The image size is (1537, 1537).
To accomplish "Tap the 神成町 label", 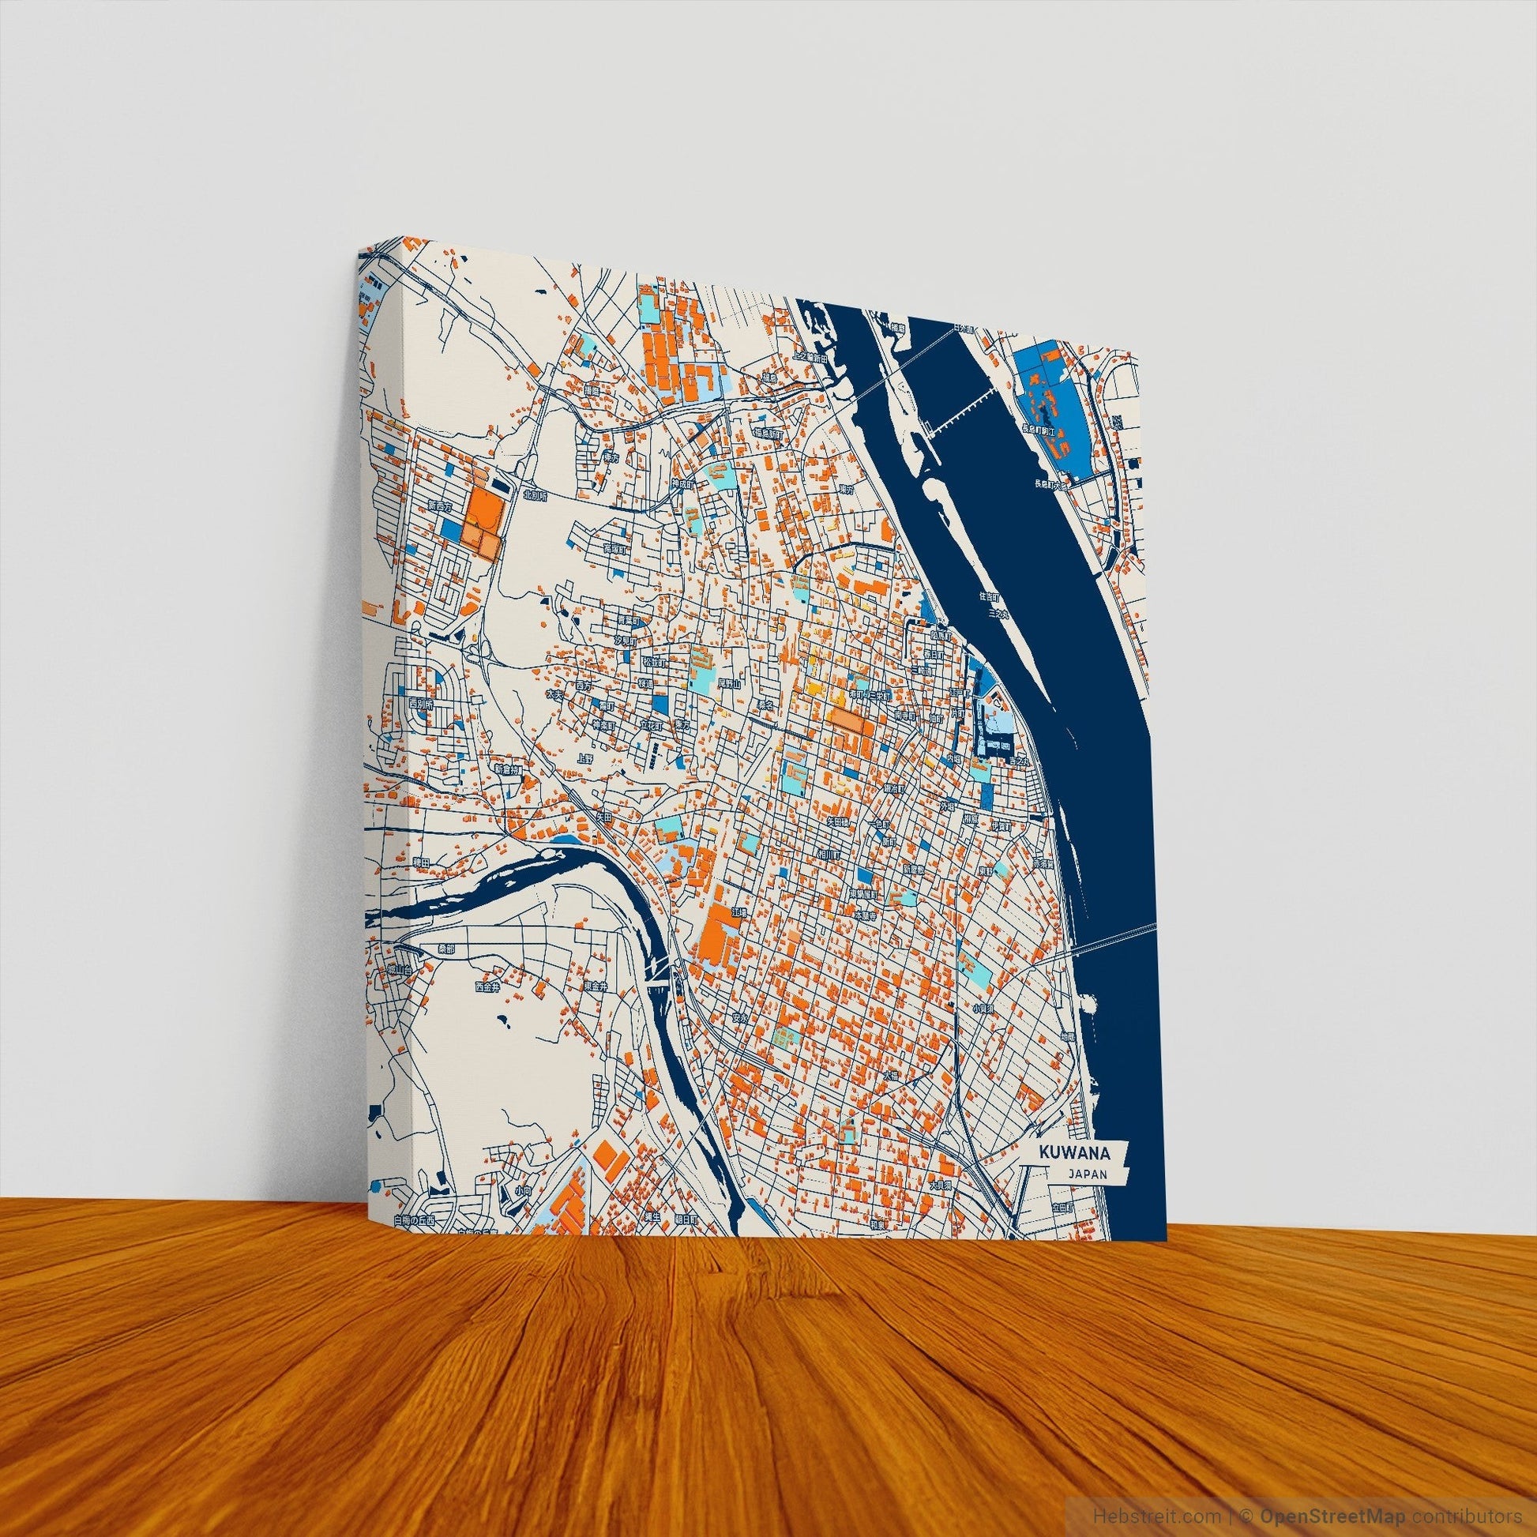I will click(x=682, y=483).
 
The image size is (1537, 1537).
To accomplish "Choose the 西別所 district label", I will click(x=419, y=704).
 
